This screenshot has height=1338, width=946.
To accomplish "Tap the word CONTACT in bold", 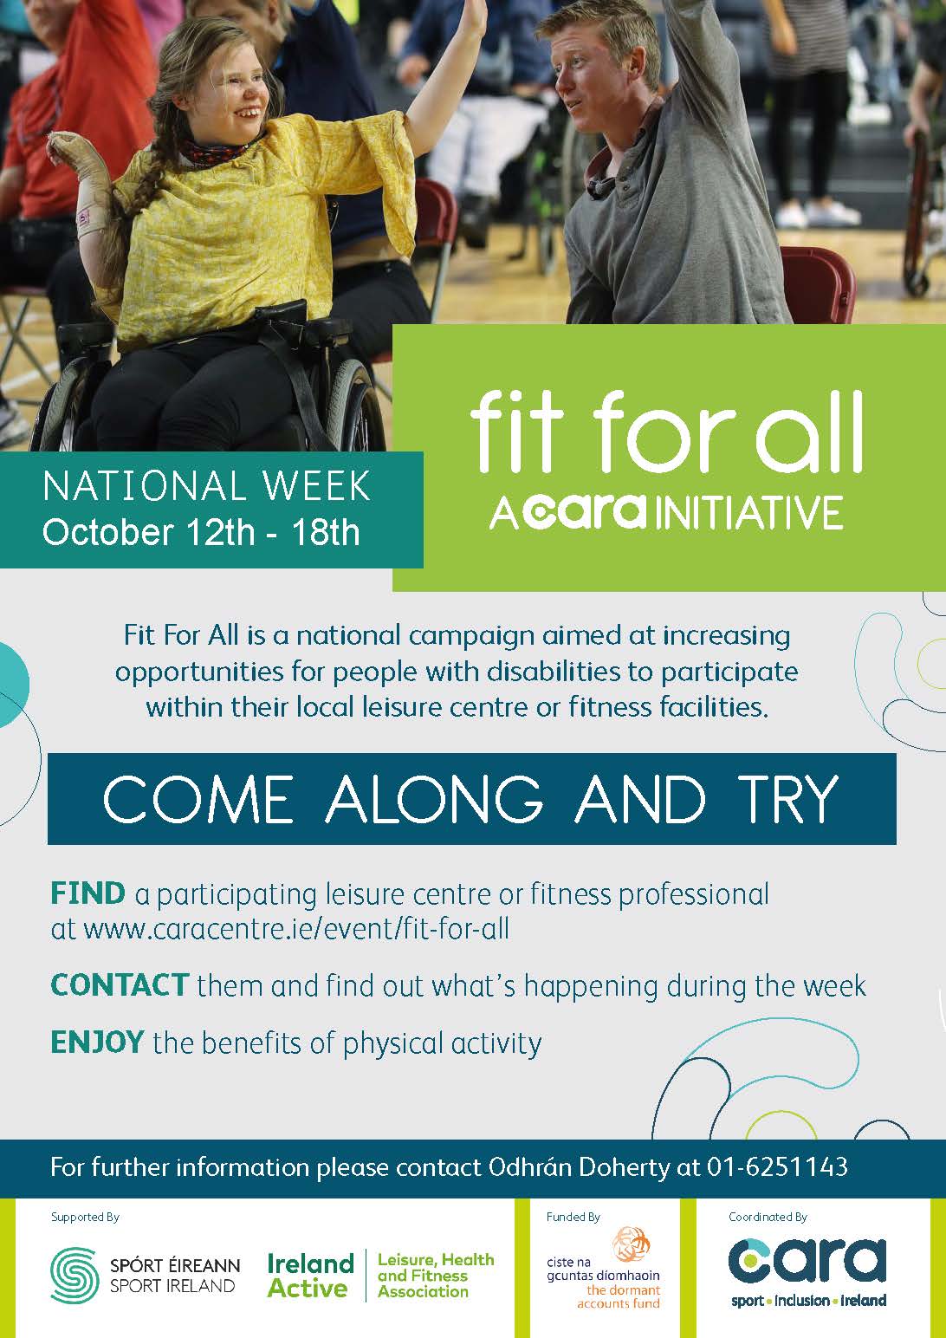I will pyautogui.click(x=120, y=985).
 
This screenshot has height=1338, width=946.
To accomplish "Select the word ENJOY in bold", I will pyautogui.click(x=97, y=1042).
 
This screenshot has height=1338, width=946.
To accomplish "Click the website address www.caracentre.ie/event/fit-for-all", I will pyautogui.click(x=296, y=929).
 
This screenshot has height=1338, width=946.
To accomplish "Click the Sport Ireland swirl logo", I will pyautogui.click(x=75, y=1276).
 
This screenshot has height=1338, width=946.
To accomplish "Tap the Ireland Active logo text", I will pyautogui.click(x=310, y=1276).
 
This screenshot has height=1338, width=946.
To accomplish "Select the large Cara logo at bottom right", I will pyautogui.click(x=807, y=1261).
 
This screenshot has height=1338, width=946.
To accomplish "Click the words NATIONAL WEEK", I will pyautogui.click(x=207, y=487).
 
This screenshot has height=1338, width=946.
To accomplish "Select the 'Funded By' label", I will pyautogui.click(x=573, y=1217).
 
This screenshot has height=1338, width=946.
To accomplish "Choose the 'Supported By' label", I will pyautogui.click(x=85, y=1217).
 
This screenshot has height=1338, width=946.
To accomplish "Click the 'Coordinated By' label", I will pyautogui.click(x=768, y=1217).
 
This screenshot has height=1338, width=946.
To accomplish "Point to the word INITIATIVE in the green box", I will pyautogui.click(x=750, y=512).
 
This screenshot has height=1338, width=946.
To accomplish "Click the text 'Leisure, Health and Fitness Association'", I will pyautogui.click(x=436, y=1276).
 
